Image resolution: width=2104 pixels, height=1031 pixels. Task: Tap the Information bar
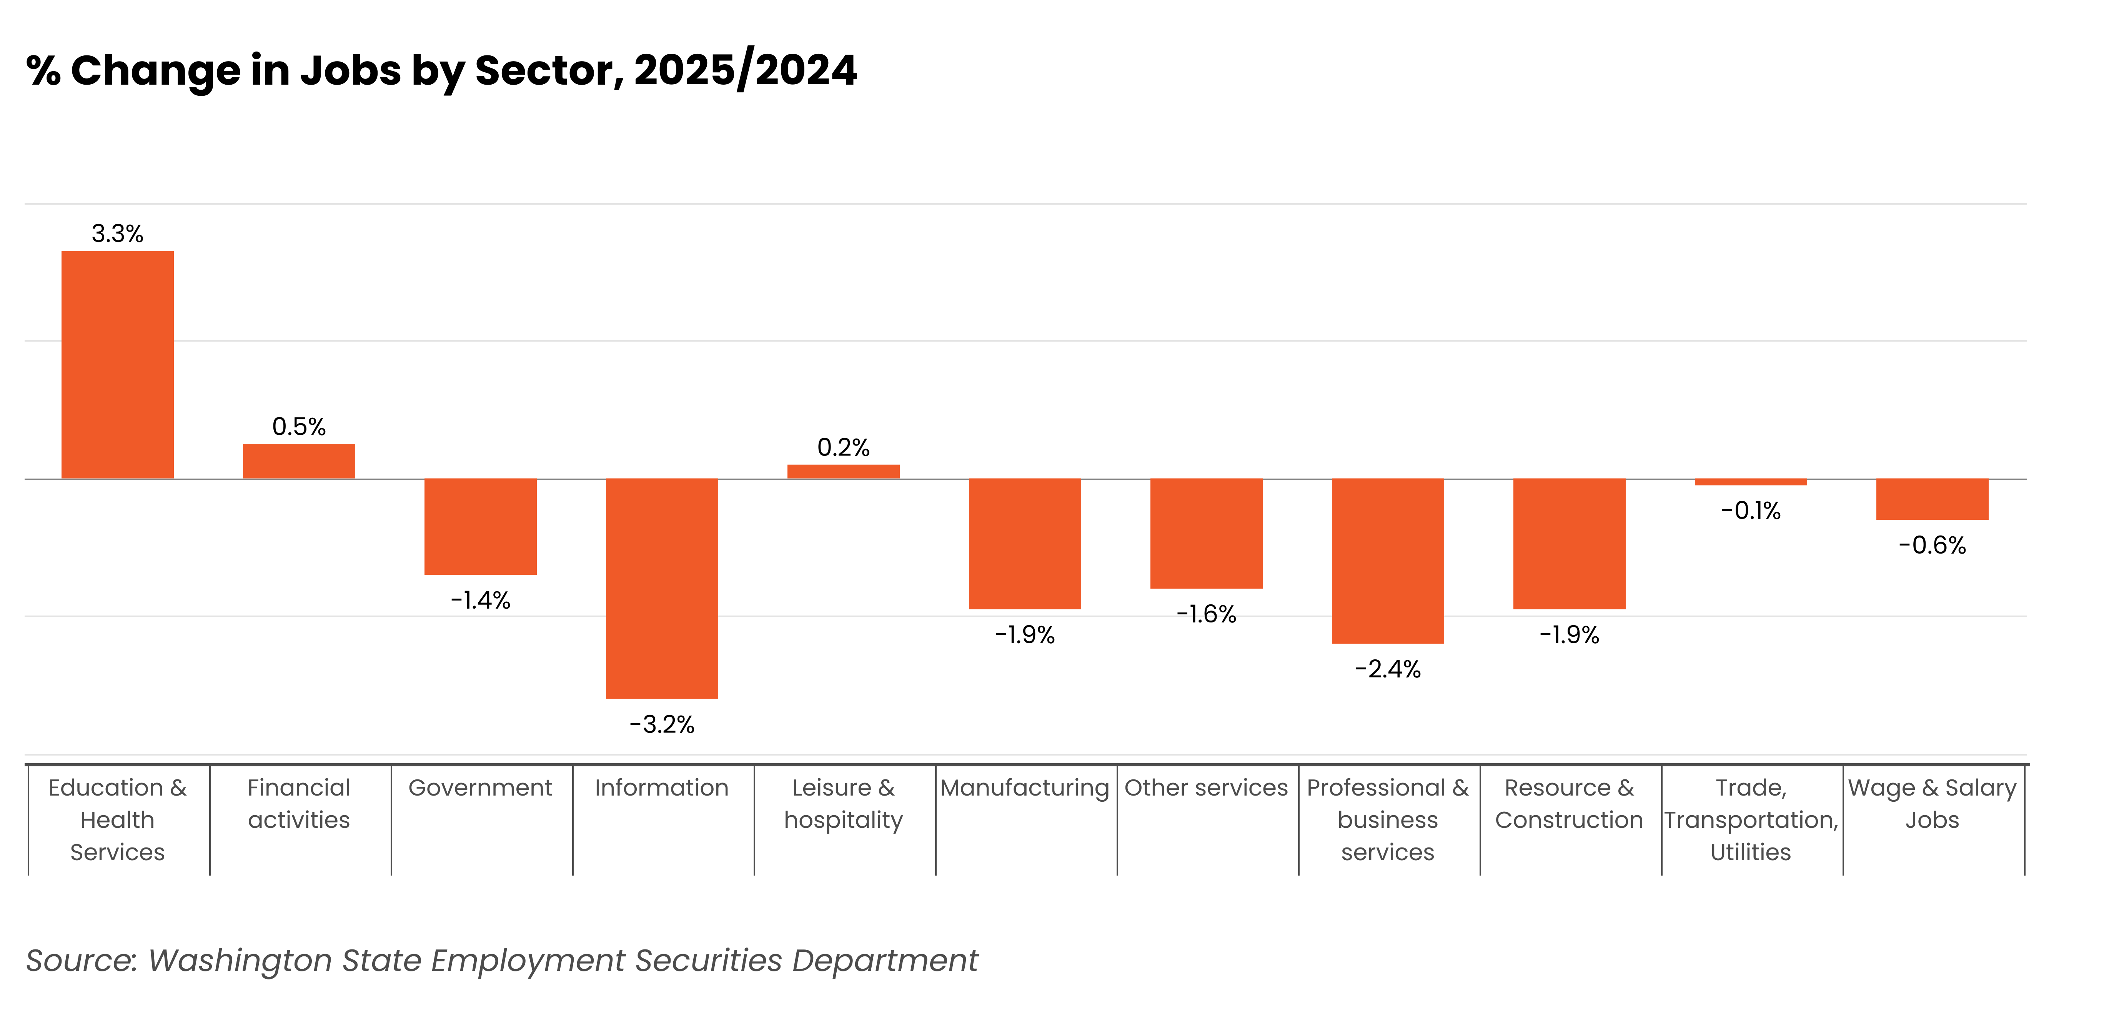662,588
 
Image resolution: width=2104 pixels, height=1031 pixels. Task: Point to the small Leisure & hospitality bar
843,471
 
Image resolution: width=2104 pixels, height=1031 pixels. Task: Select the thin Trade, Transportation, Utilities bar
1750,482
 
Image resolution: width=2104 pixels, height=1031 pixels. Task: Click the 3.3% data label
118,234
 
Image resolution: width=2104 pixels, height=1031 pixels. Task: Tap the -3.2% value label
662,725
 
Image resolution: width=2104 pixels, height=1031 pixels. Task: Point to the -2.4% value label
1388,669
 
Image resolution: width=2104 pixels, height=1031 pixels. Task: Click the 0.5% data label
299,427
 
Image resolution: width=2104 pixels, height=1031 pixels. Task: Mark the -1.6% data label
1206,614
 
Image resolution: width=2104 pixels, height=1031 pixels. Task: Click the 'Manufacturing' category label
1024,787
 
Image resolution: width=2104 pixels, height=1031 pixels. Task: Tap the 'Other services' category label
1206,787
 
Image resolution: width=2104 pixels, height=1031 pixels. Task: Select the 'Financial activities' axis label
299,804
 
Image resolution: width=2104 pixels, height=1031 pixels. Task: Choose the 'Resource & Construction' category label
1569,804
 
